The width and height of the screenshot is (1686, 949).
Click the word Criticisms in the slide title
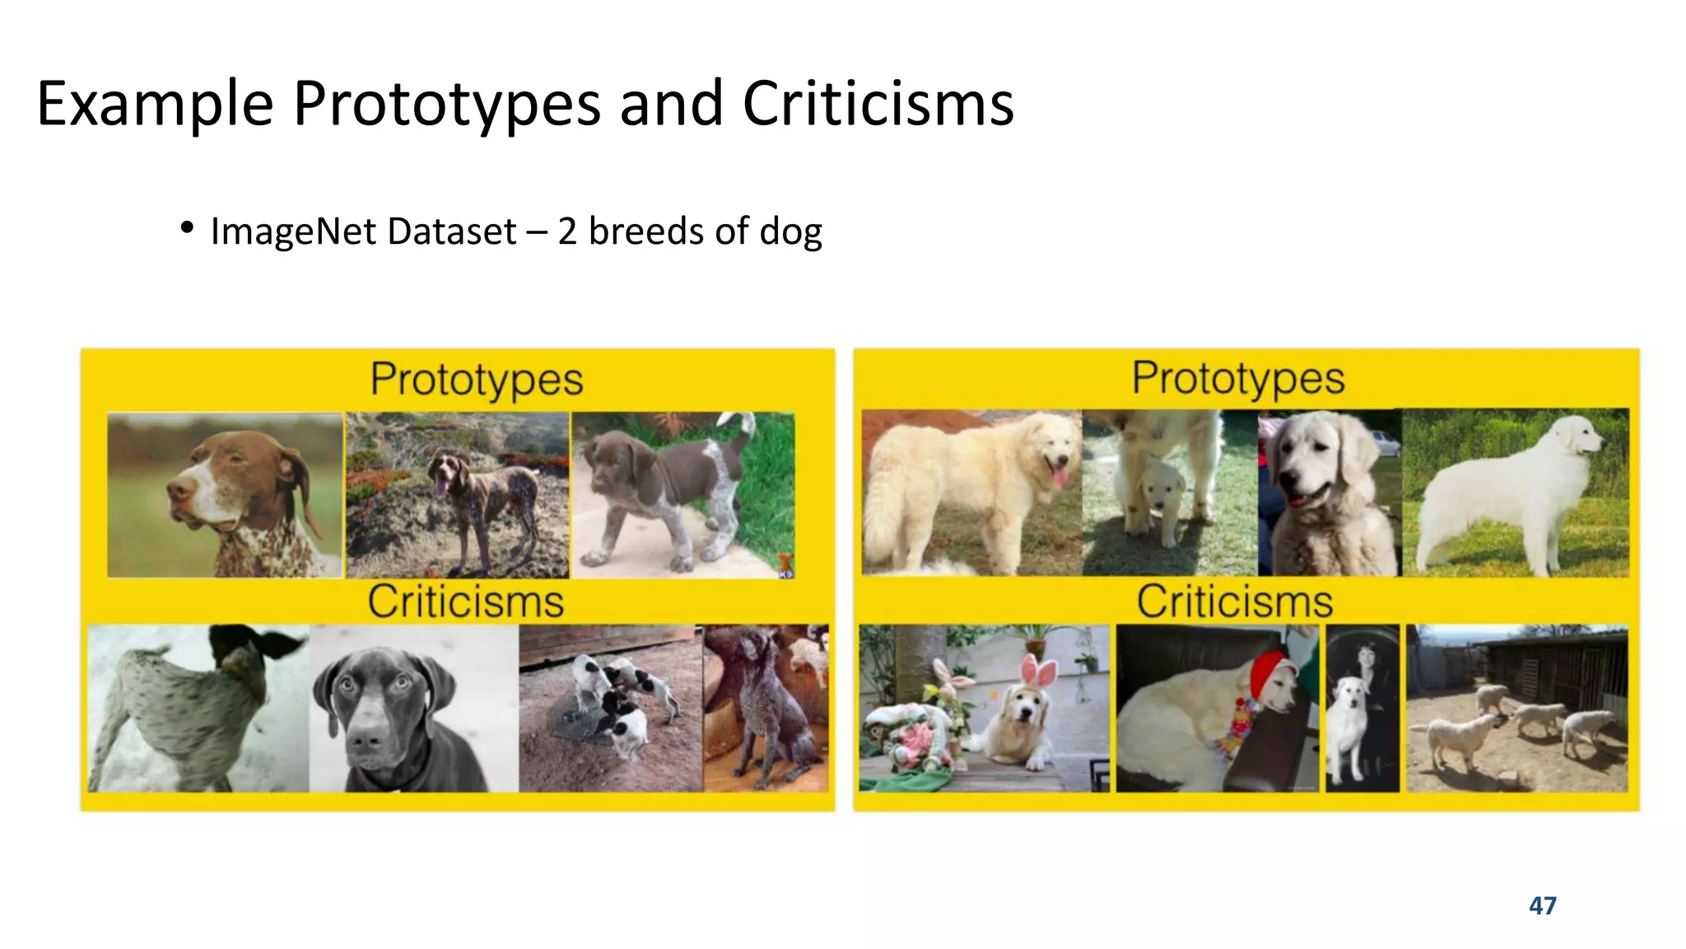pos(878,104)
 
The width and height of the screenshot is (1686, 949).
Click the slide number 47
pos(1542,905)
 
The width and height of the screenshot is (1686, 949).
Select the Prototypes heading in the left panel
pos(476,380)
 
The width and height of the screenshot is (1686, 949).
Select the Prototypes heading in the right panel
pos(1237,378)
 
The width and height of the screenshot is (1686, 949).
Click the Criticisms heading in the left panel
pos(465,601)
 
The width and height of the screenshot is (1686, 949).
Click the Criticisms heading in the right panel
pos(1234,601)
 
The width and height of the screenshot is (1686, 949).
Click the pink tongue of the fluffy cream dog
pos(1060,477)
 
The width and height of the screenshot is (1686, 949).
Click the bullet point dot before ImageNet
pos(187,228)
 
